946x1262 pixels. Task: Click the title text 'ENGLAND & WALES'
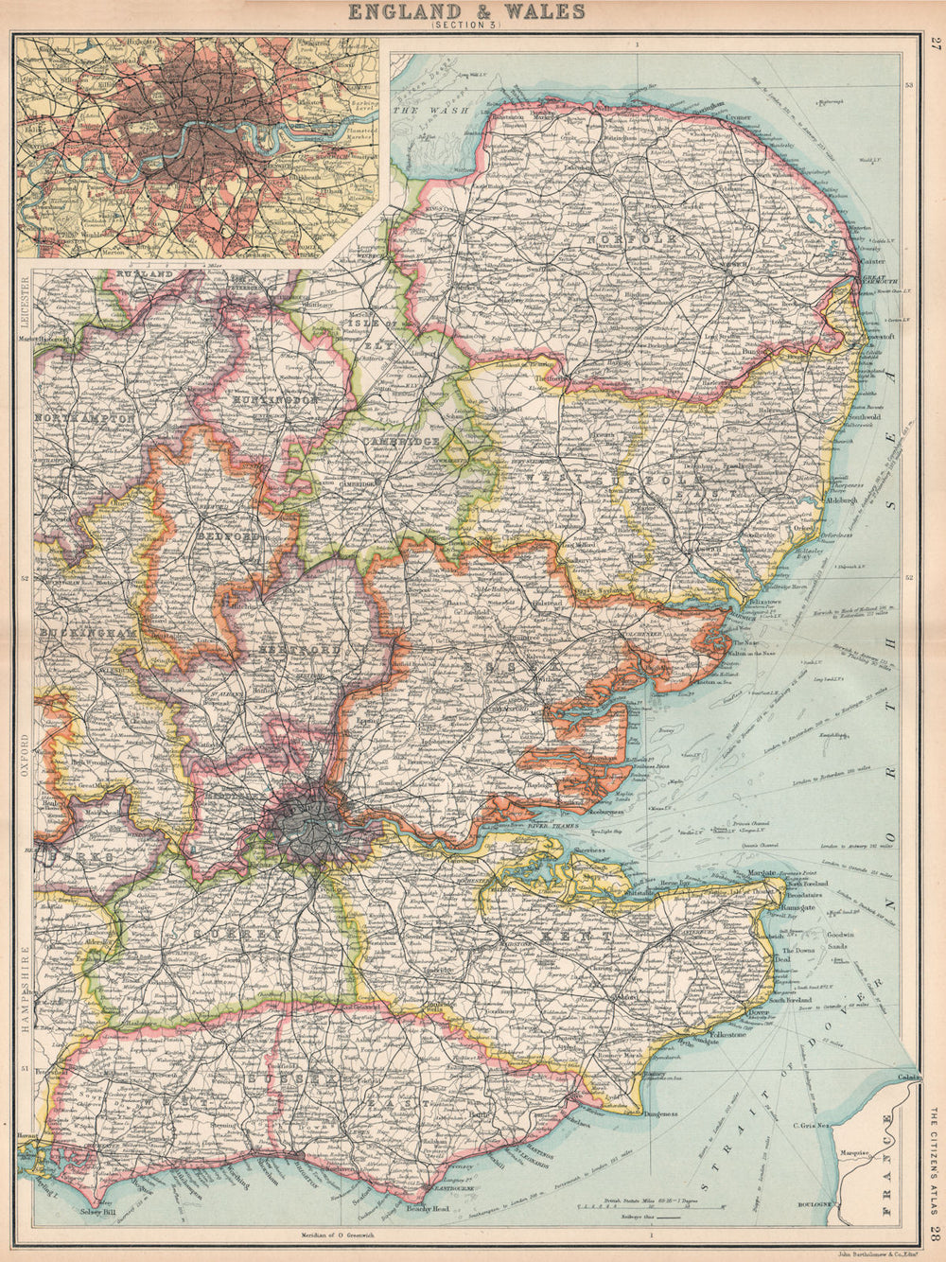coord(466,11)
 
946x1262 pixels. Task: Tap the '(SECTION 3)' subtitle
coord(466,26)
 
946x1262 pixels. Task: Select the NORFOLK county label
coord(631,240)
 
